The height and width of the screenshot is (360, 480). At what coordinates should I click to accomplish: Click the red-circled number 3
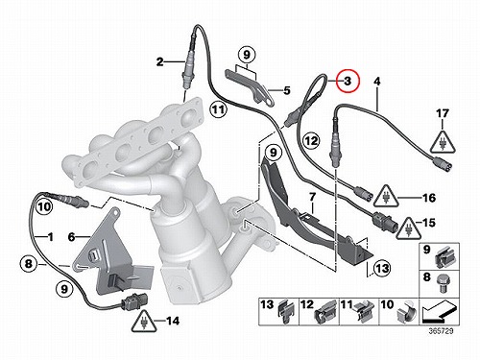(x=348, y=81)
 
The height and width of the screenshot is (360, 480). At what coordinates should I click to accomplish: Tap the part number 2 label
(x=160, y=61)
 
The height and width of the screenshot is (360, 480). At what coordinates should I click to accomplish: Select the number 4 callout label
(x=377, y=82)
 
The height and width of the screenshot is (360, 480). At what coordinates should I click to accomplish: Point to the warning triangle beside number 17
(x=443, y=142)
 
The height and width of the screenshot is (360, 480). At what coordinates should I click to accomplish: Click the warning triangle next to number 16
(x=387, y=196)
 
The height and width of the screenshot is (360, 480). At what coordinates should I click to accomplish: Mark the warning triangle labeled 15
(x=408, y=228)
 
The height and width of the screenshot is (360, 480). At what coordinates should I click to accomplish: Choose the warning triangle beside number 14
(x=144, y=321)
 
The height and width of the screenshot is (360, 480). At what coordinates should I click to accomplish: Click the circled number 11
(x=218, y=110)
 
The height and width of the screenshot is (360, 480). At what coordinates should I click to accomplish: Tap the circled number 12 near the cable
(x=311, y=140)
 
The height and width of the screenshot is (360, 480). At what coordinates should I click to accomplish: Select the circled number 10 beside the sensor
(x=44, y=206)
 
